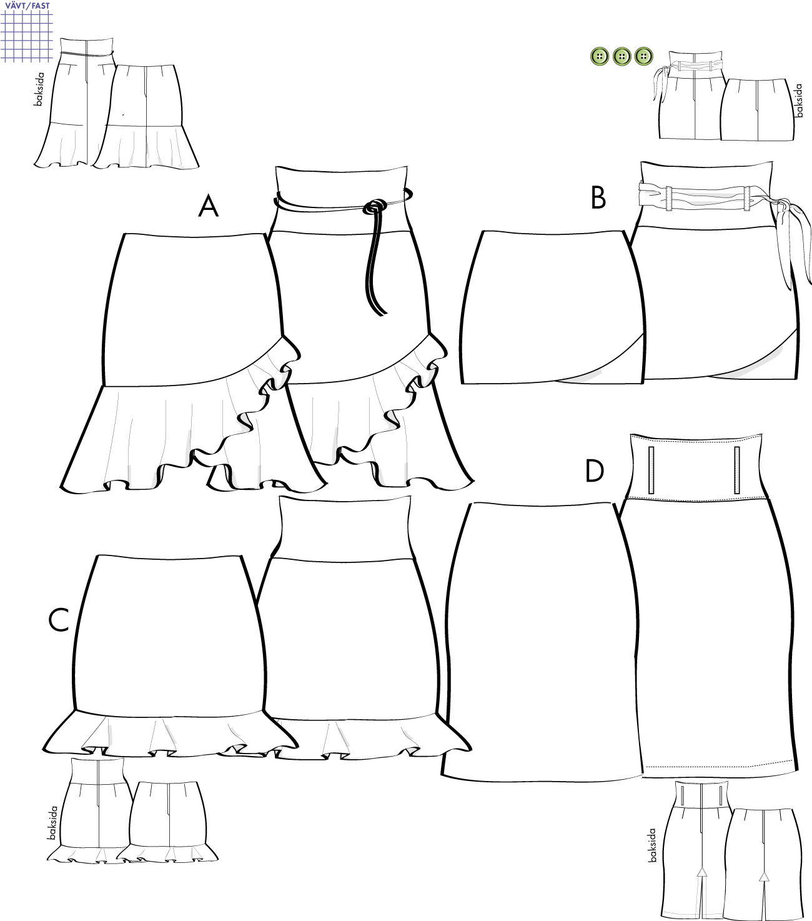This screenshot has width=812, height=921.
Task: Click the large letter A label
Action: tap(209, 206)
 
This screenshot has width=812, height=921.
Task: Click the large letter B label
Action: tap(598, 197)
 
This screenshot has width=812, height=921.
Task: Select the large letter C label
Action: tap(59, 620)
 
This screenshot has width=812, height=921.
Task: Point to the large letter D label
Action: tap(595, 470)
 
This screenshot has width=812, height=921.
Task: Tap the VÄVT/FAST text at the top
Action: tap(27, 6)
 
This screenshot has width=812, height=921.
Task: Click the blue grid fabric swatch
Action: tap(27, 36)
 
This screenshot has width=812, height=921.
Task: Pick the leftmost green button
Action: tap(600, 57)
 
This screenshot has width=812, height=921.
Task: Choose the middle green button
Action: tap(621, 57)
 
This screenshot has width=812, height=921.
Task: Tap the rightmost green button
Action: tap(643, 56)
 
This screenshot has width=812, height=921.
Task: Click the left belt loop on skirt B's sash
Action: tap(669, 198)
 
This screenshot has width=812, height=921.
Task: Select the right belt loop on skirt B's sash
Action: tap(746, 198)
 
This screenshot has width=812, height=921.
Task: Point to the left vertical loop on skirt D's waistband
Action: tap(651, 470)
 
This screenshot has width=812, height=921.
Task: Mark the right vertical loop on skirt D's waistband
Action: tap(737, 470)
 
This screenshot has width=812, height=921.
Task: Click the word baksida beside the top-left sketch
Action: tap(39, 89)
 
